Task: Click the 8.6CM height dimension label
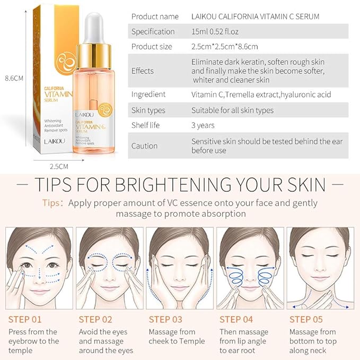click(13, 78)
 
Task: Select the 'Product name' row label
click(155, 16)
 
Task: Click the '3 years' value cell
click(203, 126)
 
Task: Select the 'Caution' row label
click(144, 146)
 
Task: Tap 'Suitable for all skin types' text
click(232, 110)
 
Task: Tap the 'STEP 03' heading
click(166, 319)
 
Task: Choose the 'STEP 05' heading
click(306, 319)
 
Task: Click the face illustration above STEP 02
click(110, 268)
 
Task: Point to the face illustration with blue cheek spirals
click(250, 268)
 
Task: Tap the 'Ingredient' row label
click(148, 94)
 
